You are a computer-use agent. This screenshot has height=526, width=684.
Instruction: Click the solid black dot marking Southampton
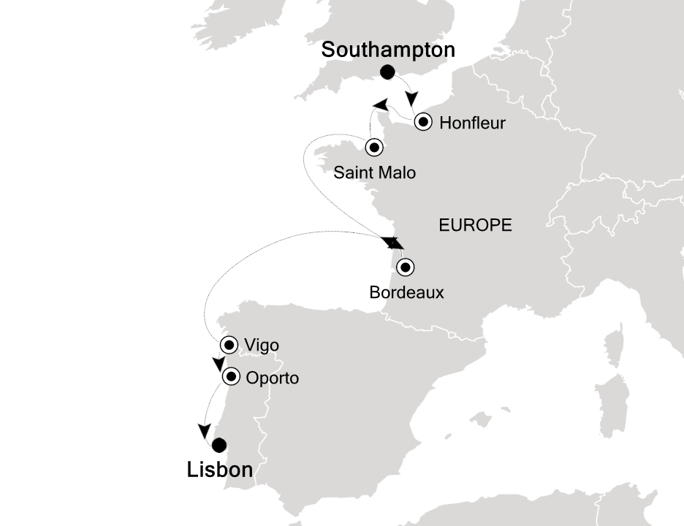pos(387,72)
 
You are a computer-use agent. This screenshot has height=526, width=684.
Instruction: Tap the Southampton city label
pos(388,50)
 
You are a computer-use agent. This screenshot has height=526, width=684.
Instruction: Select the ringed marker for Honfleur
pos(422,122)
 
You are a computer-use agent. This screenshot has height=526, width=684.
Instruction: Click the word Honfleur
pos(473,123)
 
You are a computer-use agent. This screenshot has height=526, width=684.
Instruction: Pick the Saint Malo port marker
pos(374,147)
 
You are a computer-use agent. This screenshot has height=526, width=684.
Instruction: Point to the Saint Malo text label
pos(374,173)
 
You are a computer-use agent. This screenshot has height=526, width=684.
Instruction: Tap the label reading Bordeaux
pos(406,293)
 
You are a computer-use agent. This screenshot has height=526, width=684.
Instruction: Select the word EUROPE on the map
pos(475,226)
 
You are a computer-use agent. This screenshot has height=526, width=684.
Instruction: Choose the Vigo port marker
pos(230,345)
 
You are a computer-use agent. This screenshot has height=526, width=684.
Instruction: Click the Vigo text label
pos(263,346)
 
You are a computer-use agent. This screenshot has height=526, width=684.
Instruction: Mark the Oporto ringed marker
pos(231,377)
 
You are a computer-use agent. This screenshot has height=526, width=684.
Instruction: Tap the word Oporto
pos(273,378)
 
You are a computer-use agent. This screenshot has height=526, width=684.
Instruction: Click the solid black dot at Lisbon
pos(218,445)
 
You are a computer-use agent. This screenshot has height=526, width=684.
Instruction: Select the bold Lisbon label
pos(219,470)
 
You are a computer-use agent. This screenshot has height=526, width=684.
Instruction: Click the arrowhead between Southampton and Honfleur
pos(414,99)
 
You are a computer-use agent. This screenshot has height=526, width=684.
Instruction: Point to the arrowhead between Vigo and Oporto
pos(218,364)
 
